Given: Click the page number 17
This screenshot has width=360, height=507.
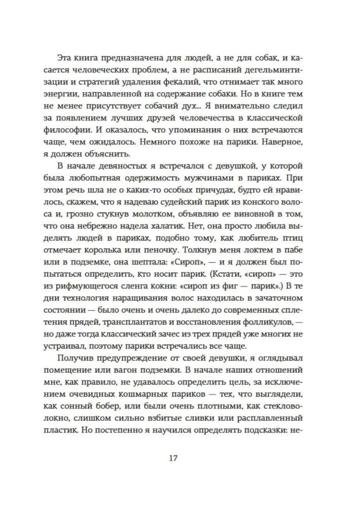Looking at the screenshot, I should pyautogui.click(x=172, y=458).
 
